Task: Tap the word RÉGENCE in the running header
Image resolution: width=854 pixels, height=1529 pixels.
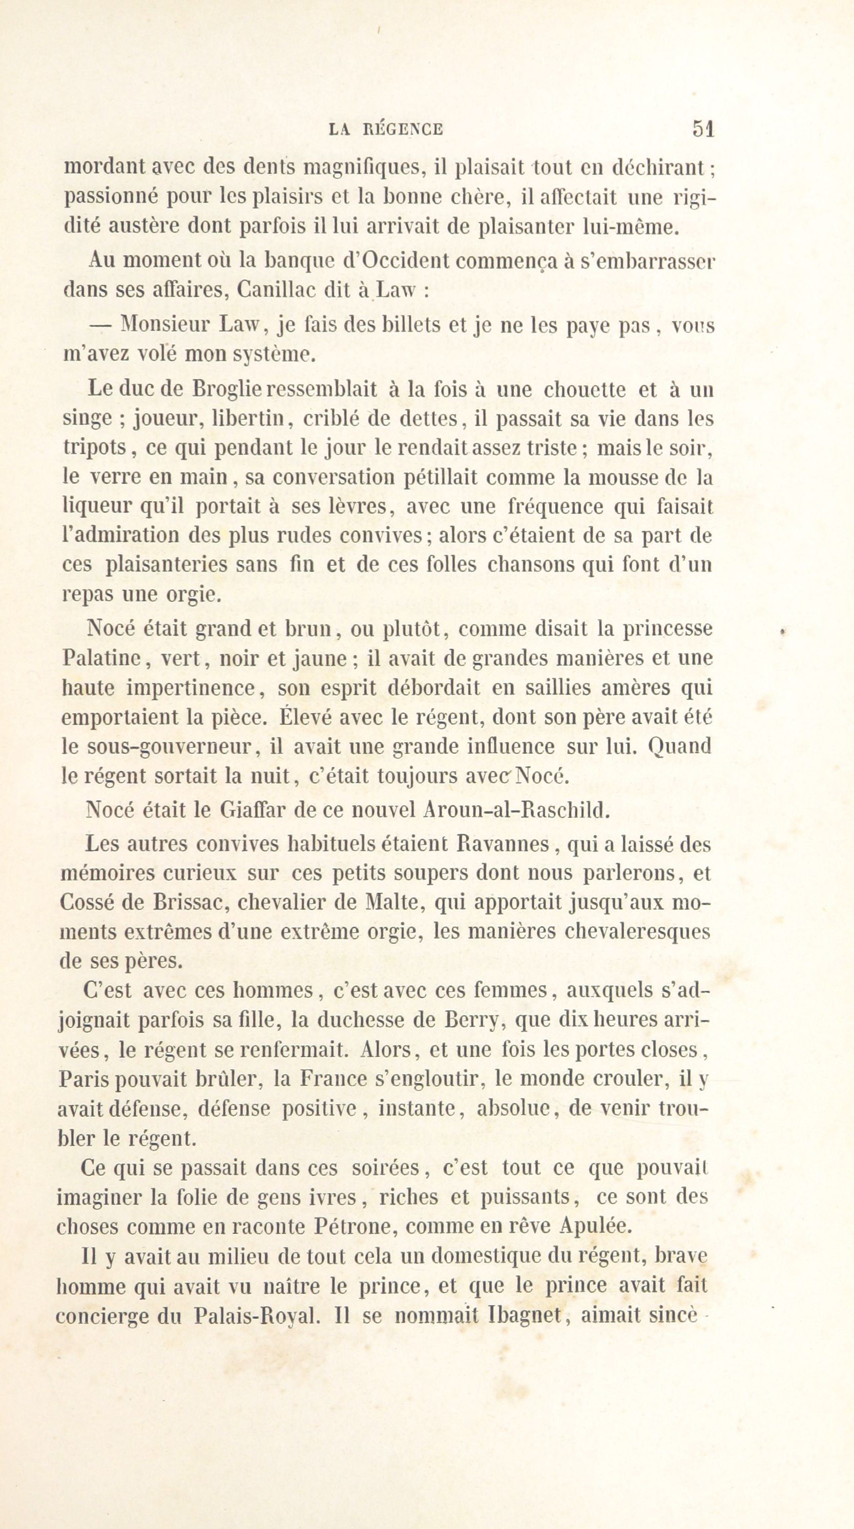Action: click(x=402, y=130)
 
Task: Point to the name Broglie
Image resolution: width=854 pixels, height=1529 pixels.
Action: click(x=222, y=389)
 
